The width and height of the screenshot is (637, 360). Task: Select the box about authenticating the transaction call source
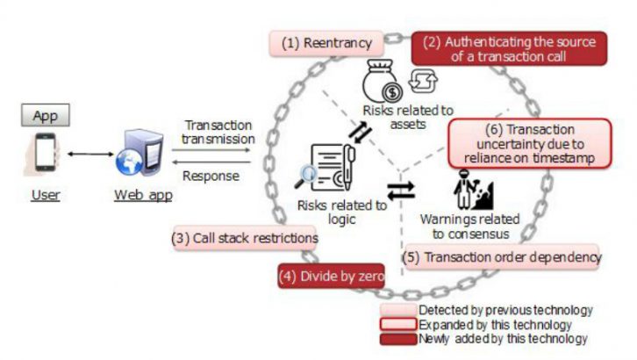509,48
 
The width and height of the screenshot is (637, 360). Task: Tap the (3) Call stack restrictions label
245,238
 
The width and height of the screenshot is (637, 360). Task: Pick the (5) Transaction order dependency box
502,257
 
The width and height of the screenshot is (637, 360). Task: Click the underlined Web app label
144,195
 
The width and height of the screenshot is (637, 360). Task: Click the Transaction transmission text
218,132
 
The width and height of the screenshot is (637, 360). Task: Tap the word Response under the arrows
211,176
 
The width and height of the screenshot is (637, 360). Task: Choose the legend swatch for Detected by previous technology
397,310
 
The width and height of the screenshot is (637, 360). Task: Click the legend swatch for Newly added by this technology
397,338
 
